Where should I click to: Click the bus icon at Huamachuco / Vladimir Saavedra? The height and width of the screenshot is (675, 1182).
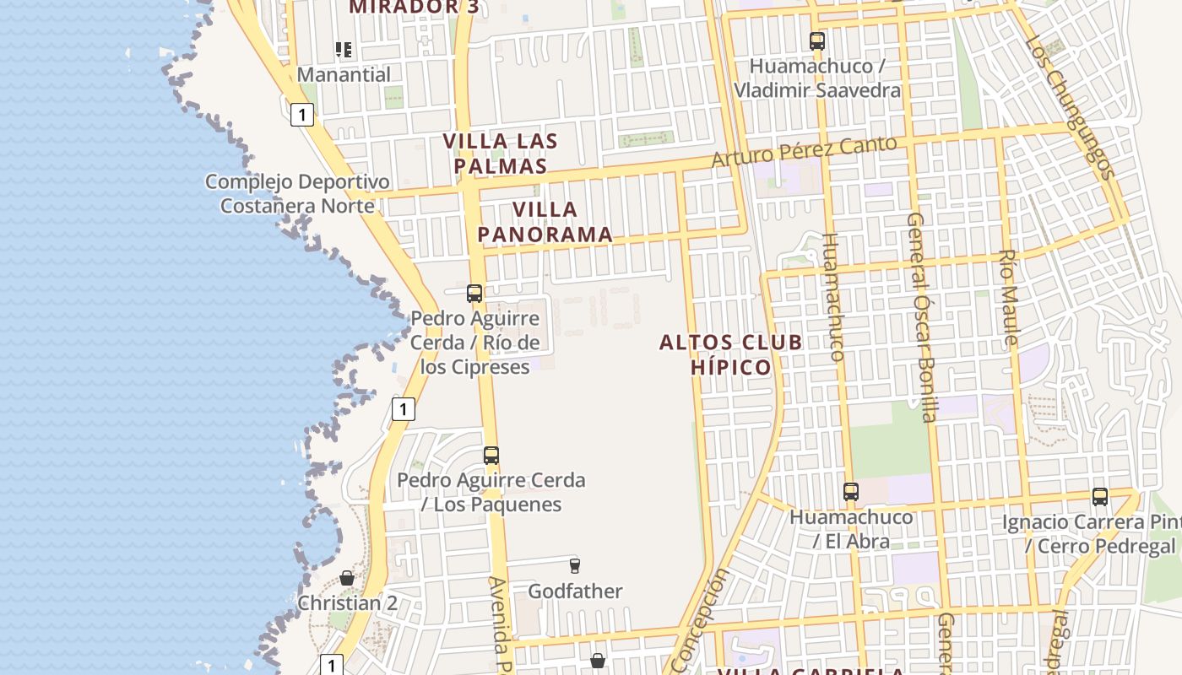pyautogui.click(x=816, y=40)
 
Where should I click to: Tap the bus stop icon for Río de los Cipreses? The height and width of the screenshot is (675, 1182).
pyautogui.click(x=474, y=294)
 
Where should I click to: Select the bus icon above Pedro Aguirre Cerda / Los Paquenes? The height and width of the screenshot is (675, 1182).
pyautogui.click(x=491, y=456)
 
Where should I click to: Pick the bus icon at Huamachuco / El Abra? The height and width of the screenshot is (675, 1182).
pyautogui.click(x=850, y=492)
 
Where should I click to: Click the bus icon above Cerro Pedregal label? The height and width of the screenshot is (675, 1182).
pyautogui.click(x=1099, y=497)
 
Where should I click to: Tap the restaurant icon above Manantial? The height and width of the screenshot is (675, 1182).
pyautogui.click(x=343, y=50)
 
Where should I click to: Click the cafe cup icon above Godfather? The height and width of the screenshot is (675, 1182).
pyautogui.click(x=575, y=565)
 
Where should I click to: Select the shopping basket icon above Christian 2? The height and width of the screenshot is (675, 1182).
pyautogui.click(x=347, y=578)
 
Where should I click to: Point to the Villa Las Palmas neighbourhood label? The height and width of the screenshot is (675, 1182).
pyautogui.click(x=501, y=153)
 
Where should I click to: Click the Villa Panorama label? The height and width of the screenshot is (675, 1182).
pyautogui.click(x=545, y=222)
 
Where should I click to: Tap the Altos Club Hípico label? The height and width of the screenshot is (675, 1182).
pyautogui.click(x=731, y=354)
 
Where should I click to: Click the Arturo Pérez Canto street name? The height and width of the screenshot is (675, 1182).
pyautogui.click(x=803, y=151)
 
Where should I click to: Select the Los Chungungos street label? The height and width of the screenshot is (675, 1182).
pyautogui.click(x=1071, y=109)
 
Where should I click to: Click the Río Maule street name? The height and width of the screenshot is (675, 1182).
pyautogui.click(x=1008, y=297)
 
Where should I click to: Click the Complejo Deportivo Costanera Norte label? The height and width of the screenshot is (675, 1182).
pyautogui.click(x=298, y=193)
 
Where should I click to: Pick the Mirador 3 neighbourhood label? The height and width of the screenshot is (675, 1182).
pyautogui.click(x=414, y=7)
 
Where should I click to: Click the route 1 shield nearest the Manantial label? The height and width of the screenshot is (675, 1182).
pyautogui.click(x=302, y=114)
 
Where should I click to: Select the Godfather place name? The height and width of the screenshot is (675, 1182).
pyautogui.click(x=575, y=591)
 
